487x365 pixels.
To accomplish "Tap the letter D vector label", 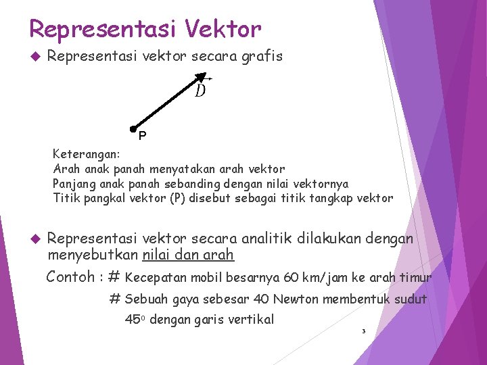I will (x=200, y=90).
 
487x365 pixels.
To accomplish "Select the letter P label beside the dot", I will (x=143, y=135).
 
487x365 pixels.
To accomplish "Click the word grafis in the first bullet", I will (x=260, y=57).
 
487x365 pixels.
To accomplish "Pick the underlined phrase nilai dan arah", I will (x=188, y=255).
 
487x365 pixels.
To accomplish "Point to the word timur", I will (x=415, y=277).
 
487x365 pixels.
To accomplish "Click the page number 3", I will (x=363, y=331).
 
